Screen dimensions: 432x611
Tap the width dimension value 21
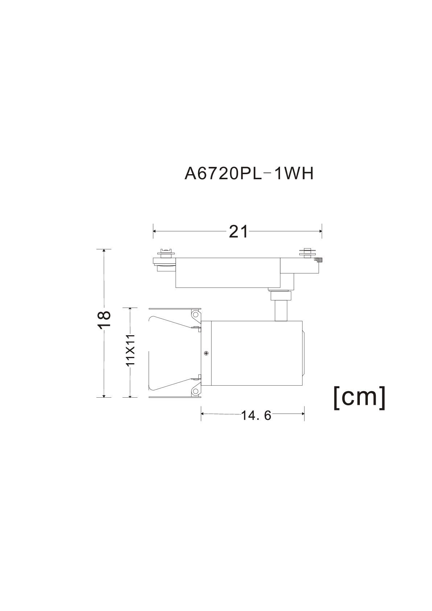(x=238, y=232)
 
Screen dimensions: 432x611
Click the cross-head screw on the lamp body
(x=206, y=353)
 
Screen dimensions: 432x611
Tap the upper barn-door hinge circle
(x=195, y=314)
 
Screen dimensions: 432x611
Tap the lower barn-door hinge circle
(x=195, y=391)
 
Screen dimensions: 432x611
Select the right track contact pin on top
(x=307, y=252)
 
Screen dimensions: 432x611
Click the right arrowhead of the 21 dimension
(x=320, y=231)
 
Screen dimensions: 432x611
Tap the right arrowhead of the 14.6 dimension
(x=303, y=414)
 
